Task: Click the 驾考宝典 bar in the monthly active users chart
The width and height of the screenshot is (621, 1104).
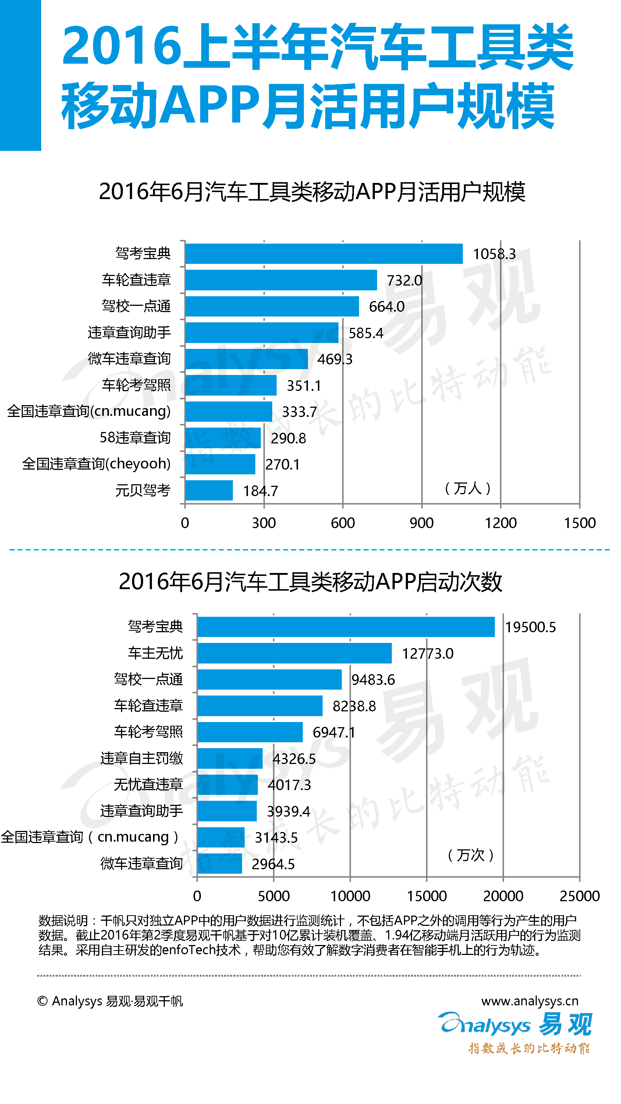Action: pos(324,254)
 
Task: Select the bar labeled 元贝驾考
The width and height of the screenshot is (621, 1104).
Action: pos(209,490)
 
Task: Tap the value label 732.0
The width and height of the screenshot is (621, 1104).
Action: pos(404,280)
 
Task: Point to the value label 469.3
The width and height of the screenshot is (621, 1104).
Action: pos(335,359)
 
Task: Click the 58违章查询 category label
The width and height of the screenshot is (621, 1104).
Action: pos(135,438)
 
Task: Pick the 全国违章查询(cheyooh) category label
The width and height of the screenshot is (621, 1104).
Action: pos(96,464)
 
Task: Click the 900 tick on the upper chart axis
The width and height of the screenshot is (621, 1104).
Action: pos(421,523)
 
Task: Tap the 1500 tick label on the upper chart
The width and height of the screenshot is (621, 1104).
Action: pos(579,523)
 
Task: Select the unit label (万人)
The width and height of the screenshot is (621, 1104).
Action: pos(468,488)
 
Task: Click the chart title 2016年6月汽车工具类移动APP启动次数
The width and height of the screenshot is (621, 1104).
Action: pos(310,581)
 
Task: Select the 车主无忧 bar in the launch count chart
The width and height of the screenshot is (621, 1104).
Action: pos(294,653)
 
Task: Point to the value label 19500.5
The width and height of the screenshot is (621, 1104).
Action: pos(530,627)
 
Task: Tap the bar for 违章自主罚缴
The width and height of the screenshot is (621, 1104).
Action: pos(230,758)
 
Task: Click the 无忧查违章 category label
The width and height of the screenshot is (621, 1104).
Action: pos(148,784)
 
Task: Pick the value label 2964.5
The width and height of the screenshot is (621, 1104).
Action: pos(273,864)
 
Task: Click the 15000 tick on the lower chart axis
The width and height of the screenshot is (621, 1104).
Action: pos(426,896)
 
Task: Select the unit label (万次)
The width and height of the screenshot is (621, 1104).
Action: pos(471,855)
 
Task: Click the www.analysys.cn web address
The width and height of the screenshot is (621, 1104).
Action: pos(530,1001)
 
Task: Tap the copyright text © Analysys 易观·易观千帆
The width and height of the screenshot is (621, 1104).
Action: pos(110,1001)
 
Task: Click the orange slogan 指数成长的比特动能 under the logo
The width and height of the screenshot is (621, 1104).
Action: pos(529,1048)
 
